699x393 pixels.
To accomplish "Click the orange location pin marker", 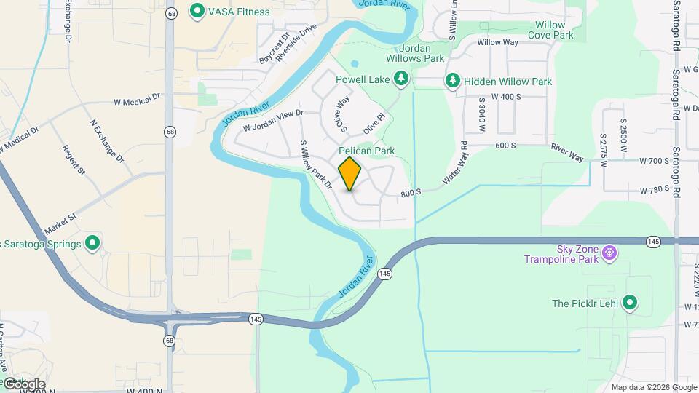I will tap(350, 173).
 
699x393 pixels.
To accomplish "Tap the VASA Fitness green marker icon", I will tap(196, 12).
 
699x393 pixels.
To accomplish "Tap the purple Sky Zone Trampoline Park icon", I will tap(609, 254).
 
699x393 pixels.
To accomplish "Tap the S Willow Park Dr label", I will tap(315, 165).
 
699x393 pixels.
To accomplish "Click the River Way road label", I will tap(567, 152).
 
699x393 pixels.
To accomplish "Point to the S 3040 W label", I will tap(482, 116).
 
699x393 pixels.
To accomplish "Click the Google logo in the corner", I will tap(23, 384).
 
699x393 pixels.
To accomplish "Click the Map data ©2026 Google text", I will tap(653, 387).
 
